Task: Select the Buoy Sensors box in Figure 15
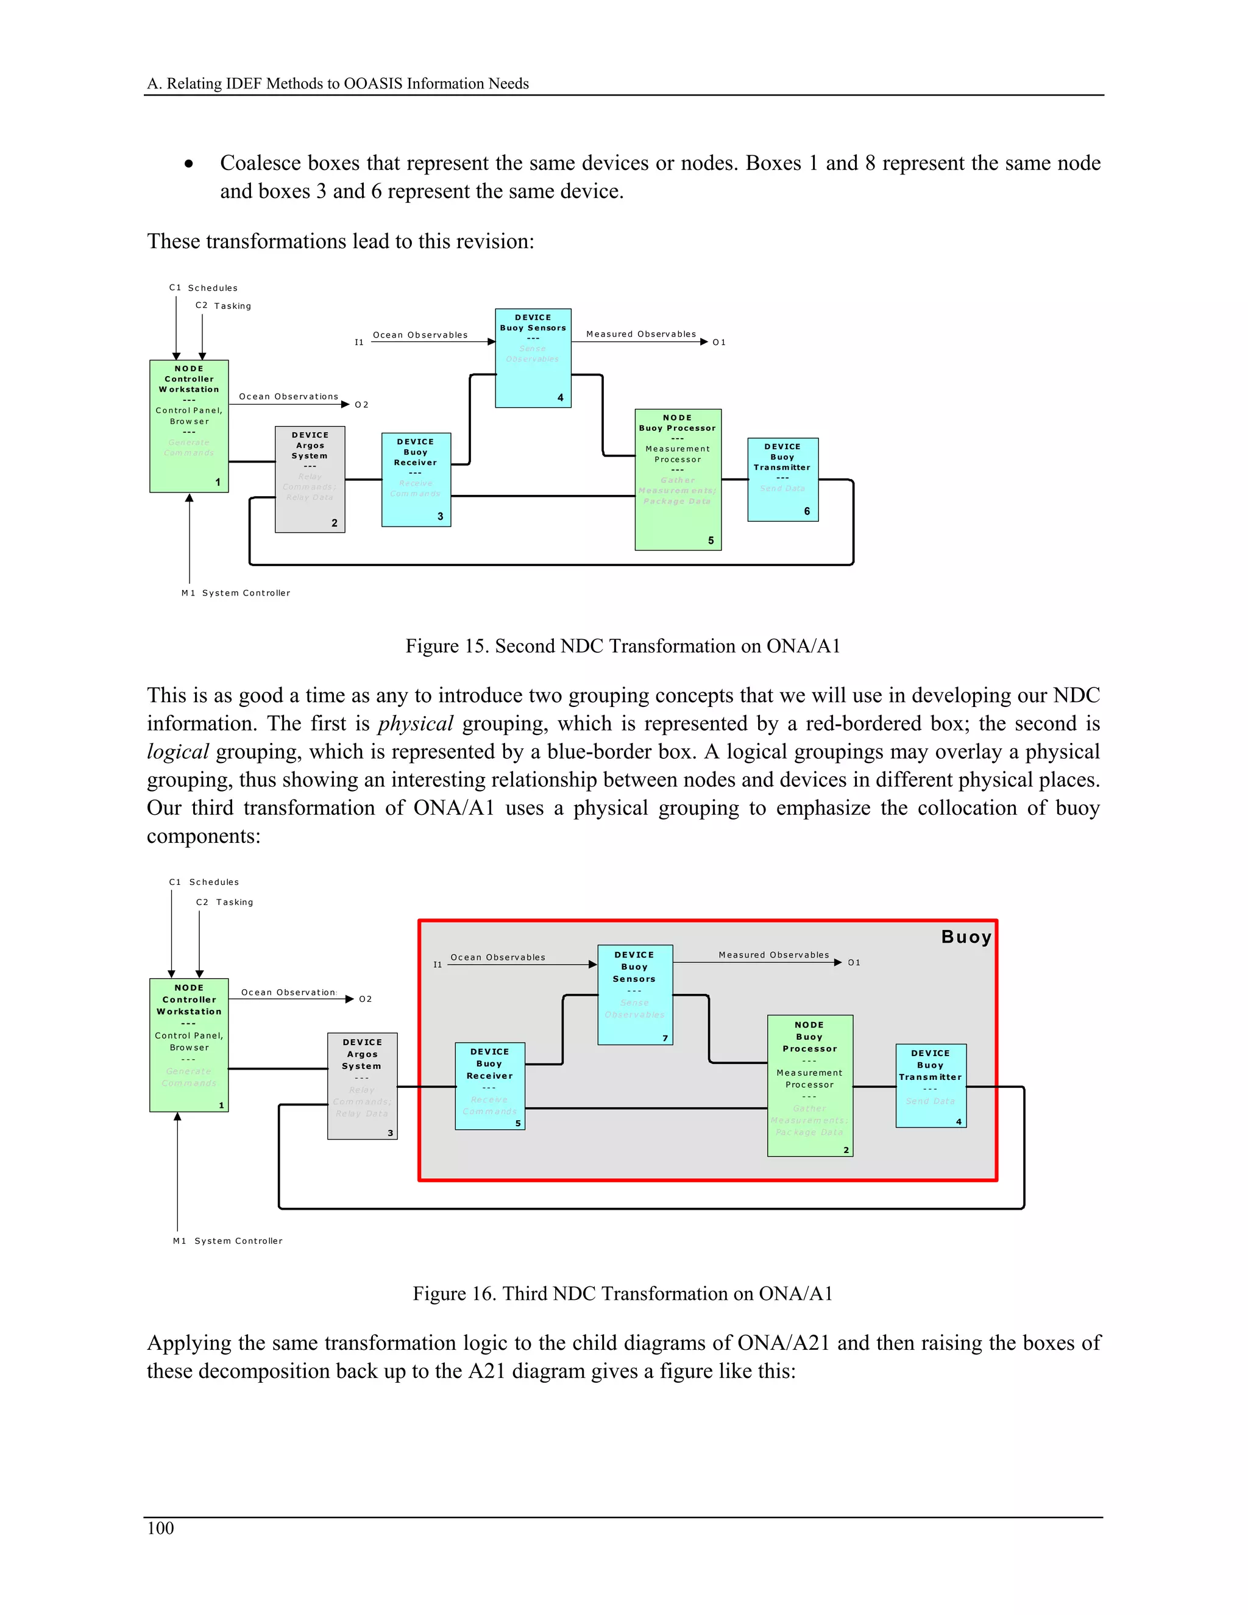coord(533,358)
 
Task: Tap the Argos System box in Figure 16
coord(363,1085)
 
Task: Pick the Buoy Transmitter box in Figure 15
coord(782,479)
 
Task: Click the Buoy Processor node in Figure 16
coord(810,1085)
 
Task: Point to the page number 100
coord(160,1528)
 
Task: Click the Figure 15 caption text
coord(623,646)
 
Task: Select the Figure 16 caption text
coord(623,1293)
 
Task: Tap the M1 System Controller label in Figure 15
coord(236,593)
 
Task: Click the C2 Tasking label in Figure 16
coord(225,902)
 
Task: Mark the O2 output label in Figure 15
coord(361,405)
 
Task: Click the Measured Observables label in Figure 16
coord(773,954)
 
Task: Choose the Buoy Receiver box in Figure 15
coord(416,479)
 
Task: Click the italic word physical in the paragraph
coord(415,723)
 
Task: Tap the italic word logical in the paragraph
coord(177,751)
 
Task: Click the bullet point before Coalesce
coord(190,164)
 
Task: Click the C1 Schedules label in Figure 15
coord(204,288)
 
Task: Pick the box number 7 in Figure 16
coord(665,1038)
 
